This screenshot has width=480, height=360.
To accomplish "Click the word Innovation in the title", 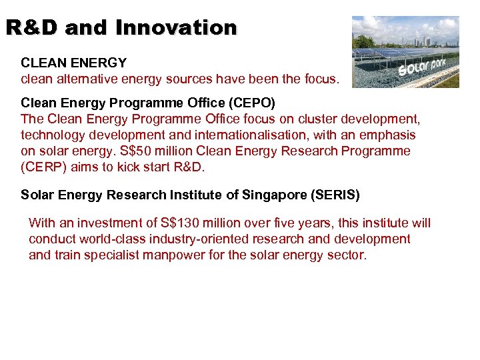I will coord(176,27).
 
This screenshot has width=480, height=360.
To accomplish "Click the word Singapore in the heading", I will coord(273,195).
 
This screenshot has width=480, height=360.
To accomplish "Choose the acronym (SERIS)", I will coord(335,195).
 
